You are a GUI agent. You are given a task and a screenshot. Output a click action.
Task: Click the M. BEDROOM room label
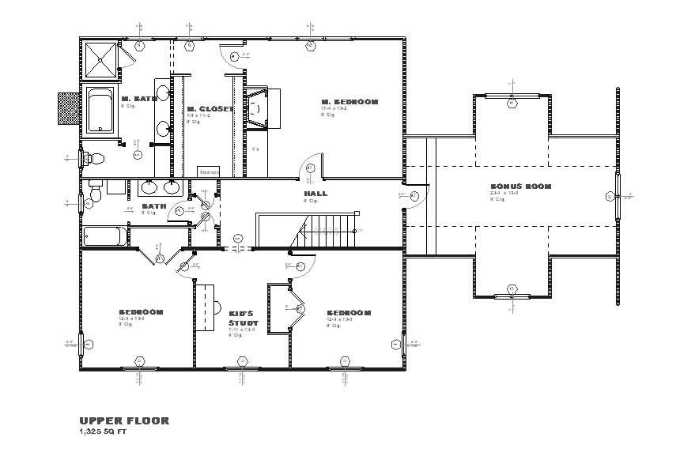349,102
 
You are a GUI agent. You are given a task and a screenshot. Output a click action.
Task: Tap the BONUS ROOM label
519,187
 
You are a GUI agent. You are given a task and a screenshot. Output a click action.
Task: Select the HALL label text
315,193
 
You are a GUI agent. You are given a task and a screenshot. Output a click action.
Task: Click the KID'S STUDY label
240,318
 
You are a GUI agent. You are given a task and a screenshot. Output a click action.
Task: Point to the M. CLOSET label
210,109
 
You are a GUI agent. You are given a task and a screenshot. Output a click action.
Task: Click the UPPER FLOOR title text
124,421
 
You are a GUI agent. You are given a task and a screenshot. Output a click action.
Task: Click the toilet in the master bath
93,158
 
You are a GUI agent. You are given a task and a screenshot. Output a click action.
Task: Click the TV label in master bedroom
255,149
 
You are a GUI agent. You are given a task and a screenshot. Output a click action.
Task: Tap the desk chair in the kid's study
217,305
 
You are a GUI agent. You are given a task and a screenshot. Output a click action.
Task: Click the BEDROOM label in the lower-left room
141,312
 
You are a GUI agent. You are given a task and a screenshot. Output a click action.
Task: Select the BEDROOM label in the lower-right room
349,313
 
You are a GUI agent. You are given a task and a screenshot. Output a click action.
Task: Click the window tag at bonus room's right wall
609,196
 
